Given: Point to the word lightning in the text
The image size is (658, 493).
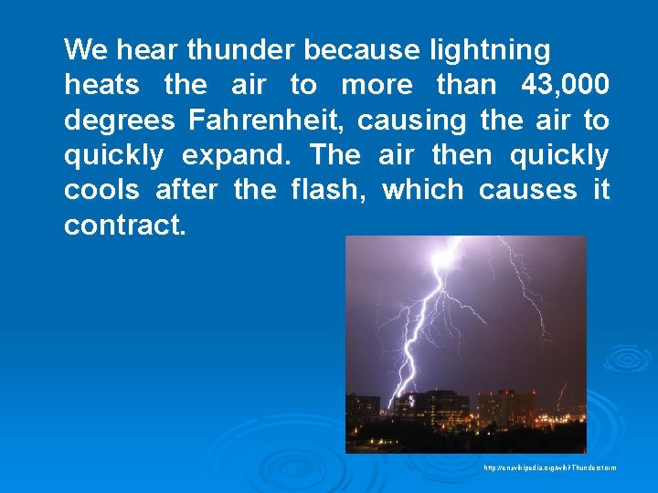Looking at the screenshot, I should (x=490, y=49).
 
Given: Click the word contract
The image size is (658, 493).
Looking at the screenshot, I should (x=124, y=226).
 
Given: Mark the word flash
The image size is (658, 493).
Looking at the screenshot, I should (x=328, y=190).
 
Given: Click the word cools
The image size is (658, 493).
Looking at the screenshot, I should (x=101, y=190).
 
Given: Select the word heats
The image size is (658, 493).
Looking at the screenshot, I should (x=101, y=85).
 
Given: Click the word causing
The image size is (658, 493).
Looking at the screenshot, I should (x=411, y=121).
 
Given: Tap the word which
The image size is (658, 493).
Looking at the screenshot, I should (x=423, y=190).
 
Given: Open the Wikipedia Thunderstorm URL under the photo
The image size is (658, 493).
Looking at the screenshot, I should (x=550, y=468).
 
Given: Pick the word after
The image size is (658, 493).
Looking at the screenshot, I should (x=186, y=190).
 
